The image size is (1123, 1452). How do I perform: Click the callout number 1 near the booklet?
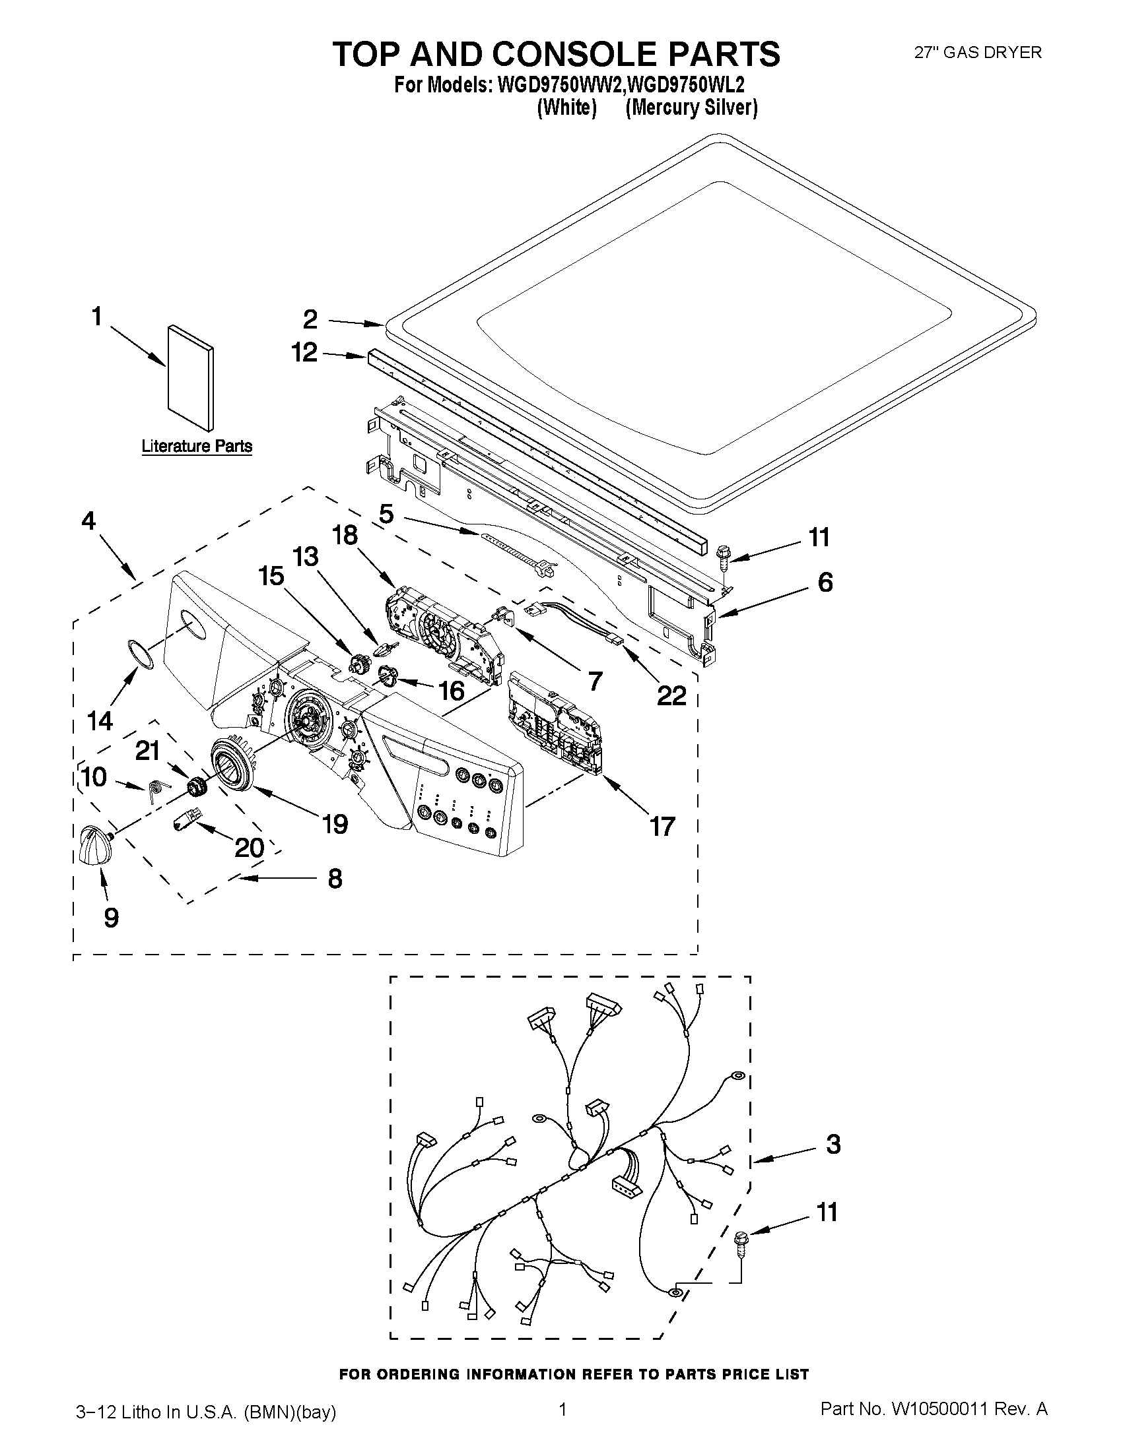point(97,317)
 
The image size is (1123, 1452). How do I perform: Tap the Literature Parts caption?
point(196,446)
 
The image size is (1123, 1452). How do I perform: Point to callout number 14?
point(100,720)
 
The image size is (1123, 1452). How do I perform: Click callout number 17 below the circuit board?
point(662,827)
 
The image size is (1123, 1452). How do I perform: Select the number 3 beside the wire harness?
point(833,1144)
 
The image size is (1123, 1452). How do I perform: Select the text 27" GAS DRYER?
point(977,53)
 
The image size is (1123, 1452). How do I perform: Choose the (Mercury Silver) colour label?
point(691,108)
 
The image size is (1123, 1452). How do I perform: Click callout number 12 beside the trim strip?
point(305,352)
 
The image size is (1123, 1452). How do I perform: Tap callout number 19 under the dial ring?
point(335,825)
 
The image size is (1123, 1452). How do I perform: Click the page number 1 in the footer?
point(562,1408)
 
